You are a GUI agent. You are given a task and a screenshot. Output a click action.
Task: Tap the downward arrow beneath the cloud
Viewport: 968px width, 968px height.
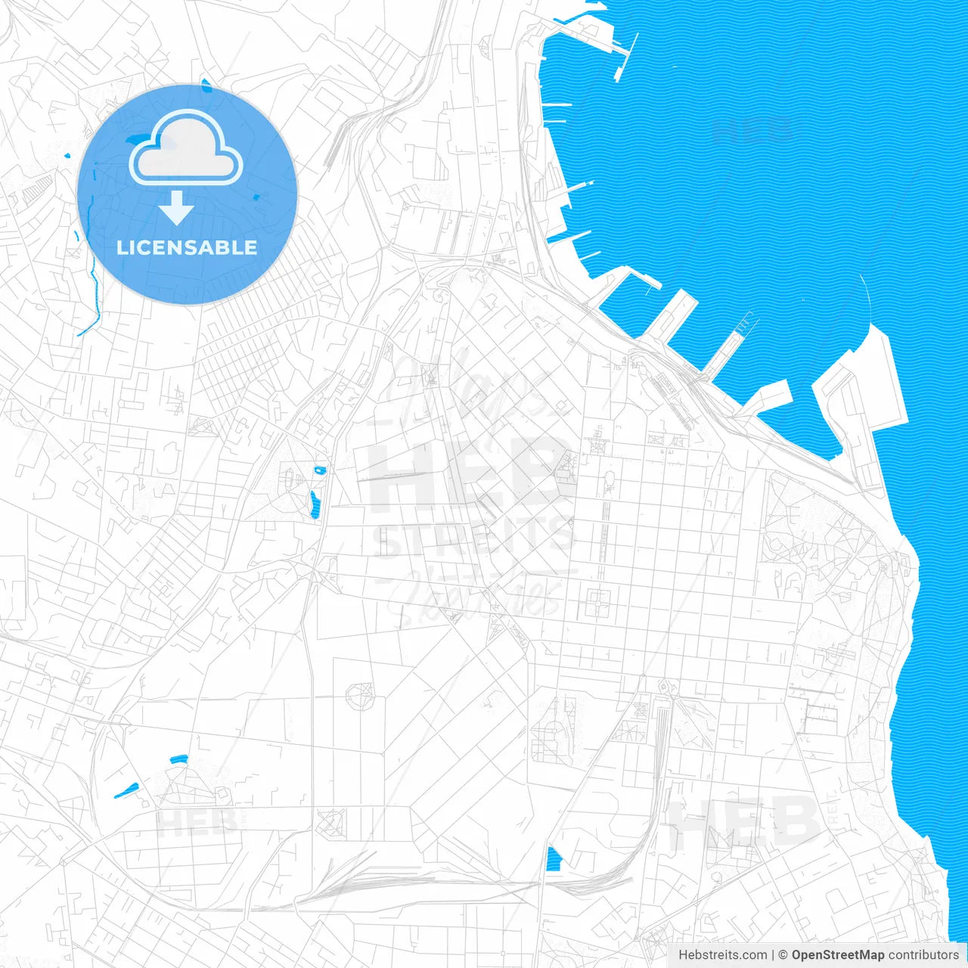176,208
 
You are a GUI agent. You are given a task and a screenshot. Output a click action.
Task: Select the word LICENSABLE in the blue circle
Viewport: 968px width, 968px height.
187,247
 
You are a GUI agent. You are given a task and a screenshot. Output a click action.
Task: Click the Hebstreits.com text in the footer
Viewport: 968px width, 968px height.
722,955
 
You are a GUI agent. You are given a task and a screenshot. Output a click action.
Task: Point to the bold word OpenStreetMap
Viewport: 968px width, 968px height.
838,955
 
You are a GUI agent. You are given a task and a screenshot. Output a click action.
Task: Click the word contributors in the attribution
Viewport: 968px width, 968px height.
923,955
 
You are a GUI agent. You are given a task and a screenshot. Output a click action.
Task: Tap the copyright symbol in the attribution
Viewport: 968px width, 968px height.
783,955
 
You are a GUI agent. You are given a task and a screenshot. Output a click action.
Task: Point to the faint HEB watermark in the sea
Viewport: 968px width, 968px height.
752,130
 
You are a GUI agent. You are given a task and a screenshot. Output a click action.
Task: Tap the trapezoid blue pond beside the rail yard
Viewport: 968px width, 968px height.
554,859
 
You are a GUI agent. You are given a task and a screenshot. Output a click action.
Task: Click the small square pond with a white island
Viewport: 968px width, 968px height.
321,470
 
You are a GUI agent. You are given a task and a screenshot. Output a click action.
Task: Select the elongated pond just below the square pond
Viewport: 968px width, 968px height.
315,504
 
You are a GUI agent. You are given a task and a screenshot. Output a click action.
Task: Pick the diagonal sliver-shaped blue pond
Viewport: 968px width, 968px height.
125,790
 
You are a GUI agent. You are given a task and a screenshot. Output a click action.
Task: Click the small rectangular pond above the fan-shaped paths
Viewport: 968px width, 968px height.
178,759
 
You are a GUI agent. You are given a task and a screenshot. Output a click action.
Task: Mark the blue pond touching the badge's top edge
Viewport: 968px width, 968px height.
206,85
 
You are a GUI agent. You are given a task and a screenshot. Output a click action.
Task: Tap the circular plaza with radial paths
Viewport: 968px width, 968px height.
359,693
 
